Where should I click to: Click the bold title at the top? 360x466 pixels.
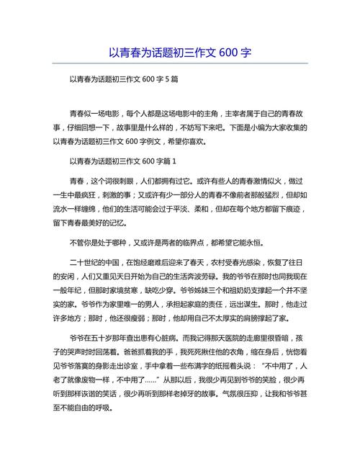pos(180,53)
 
